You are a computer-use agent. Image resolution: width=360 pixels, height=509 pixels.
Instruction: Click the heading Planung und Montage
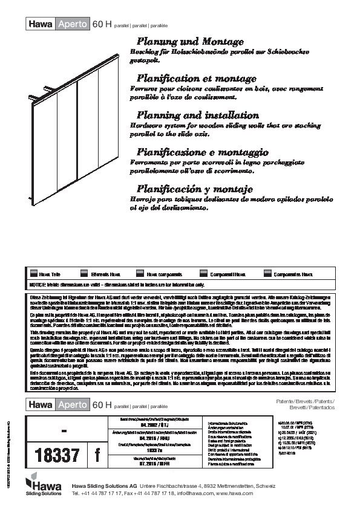tap(191, 42)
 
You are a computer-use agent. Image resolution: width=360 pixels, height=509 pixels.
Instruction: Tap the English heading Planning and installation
tap(198, 115)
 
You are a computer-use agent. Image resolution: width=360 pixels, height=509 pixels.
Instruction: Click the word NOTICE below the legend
tap(38, 284)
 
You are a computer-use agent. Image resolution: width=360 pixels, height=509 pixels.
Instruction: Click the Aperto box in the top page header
tap(71, 25)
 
